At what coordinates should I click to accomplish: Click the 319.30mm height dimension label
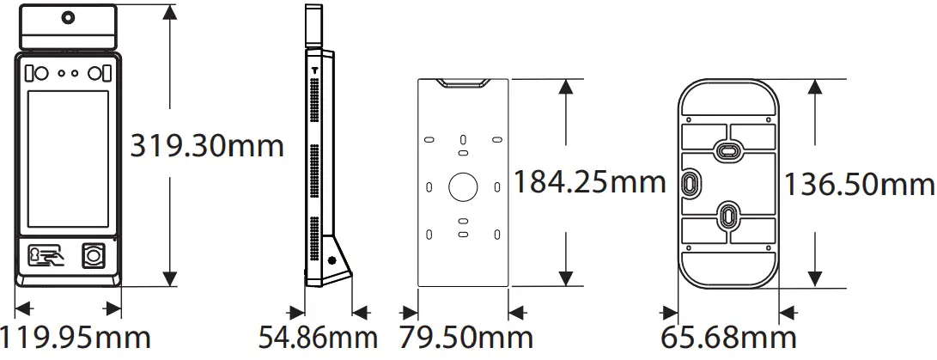pos(206,145)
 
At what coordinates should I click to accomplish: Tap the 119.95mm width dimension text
pos(76,338)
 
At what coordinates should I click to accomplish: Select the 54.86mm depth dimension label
pos(318,338)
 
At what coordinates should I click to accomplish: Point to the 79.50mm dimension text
pos(465,338)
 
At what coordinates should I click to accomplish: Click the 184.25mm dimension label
pos(589,181)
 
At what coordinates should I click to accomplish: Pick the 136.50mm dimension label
pos(859,184)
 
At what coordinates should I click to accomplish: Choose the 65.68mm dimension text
pos(728,338)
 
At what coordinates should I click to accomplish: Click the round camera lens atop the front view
pos(67,16)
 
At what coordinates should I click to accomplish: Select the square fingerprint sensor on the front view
pos(93,255)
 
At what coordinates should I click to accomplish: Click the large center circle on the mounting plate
pos(463,186)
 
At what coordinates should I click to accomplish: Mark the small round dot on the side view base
pos(331,259)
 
